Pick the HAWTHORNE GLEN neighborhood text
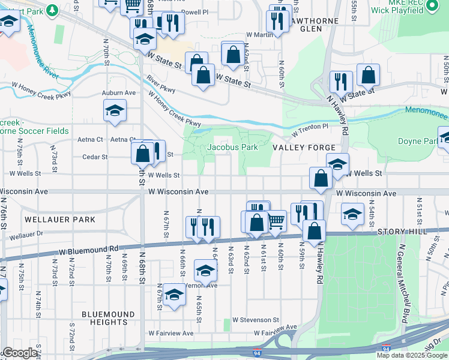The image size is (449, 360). pyautogui.click(x=314, y=25)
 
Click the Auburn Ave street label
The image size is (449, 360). pyautogui.click(x=119, y=93)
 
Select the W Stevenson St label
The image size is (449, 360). pyautogui.click(x=256, y=320)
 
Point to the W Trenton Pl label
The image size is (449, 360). pyautogui.click(x=310, y=130)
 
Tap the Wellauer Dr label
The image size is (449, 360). pyautogui.click(x=27, y=235)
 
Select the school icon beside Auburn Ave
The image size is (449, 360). pyautogui.click(x=115, y=110)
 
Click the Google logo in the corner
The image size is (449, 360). pyautogui.click(x=20, y=353)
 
